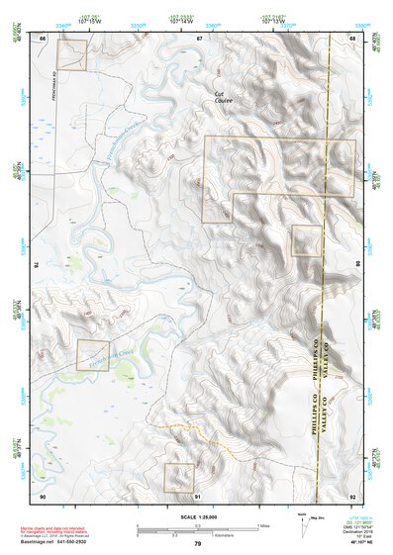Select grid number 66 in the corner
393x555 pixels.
[x=43, y=38]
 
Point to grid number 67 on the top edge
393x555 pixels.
[x=198, y=38]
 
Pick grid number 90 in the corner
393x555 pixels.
[x=43, y=495]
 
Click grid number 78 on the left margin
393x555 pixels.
[x=38, y=265]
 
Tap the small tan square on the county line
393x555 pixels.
[x=307, y=240]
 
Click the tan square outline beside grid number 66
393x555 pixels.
[x=71, y=55]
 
